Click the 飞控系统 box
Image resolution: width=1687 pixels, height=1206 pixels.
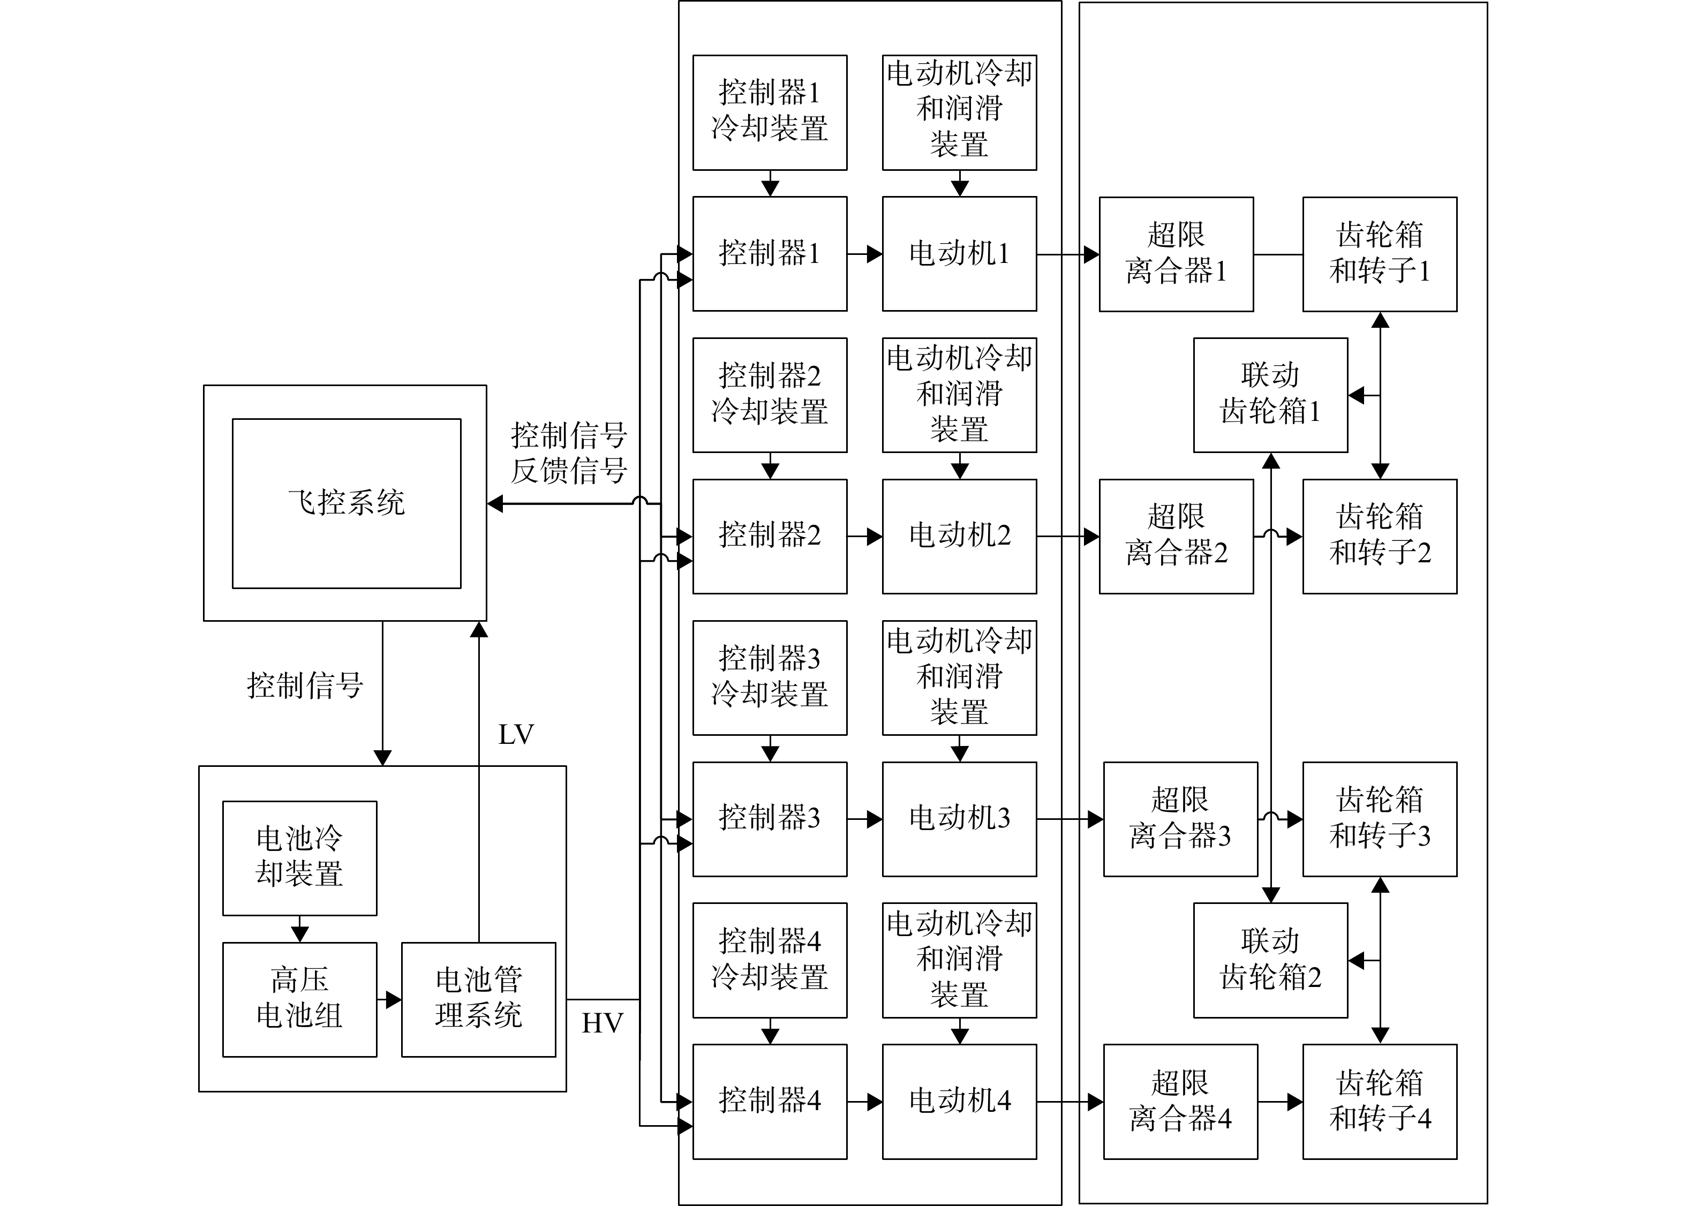pos(346,503)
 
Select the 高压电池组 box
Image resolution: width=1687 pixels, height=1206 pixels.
pos(300,999)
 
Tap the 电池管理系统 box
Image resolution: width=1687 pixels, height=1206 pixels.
pos(479,999)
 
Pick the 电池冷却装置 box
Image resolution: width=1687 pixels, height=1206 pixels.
pos(300,858)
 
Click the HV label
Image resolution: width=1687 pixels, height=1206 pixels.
pos(602,1023)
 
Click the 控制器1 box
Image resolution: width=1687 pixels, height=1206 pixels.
pos(770,254)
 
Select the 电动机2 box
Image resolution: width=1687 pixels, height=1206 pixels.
pos(959,536)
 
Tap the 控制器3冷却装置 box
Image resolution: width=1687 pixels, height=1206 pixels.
pos(770,678)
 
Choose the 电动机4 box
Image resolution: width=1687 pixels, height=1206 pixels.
pos(959,1101)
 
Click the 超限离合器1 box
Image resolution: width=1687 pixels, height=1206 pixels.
pos(1176,254)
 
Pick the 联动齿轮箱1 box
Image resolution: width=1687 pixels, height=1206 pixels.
pos(1270,395)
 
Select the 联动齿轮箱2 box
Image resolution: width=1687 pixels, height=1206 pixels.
pos(1270,960)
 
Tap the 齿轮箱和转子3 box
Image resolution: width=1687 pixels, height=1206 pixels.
pos(1380,819)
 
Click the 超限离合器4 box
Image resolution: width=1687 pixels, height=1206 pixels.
pos(1180,1101)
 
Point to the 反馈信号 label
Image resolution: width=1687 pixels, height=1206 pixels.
pos(569,471)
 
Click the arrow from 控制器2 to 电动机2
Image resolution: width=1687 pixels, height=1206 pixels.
pos(865,536)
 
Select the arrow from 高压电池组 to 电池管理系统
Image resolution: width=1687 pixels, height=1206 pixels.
pos(389,999)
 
